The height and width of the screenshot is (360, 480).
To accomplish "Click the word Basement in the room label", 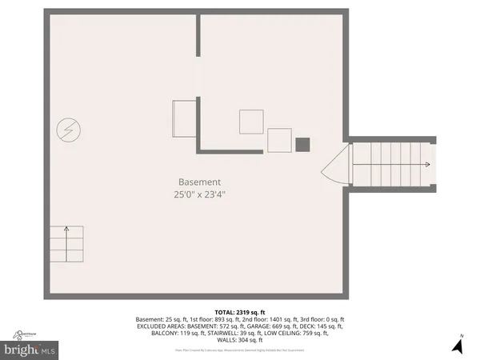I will click(x=199, y=182).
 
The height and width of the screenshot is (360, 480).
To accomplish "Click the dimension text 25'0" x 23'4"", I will click(x=199, y=194).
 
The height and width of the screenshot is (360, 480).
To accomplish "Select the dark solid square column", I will click(x=302, y=145).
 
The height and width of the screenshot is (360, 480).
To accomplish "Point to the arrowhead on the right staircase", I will click(x=427, y=165).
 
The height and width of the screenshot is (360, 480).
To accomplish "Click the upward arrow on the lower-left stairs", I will click(x=67, y=230).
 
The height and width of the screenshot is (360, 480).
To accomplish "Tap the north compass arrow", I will click(x=458, y=345).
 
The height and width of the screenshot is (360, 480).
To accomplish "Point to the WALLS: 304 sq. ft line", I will click(x=240, y=341).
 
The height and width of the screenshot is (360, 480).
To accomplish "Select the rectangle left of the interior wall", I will click(x=185, y=113).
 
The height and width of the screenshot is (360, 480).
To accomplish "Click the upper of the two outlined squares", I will click(x=251, y=121).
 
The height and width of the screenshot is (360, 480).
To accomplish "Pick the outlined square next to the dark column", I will click(x=279, y=140).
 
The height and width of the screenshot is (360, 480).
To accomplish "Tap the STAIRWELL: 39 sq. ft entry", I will click(x=220, y=334).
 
